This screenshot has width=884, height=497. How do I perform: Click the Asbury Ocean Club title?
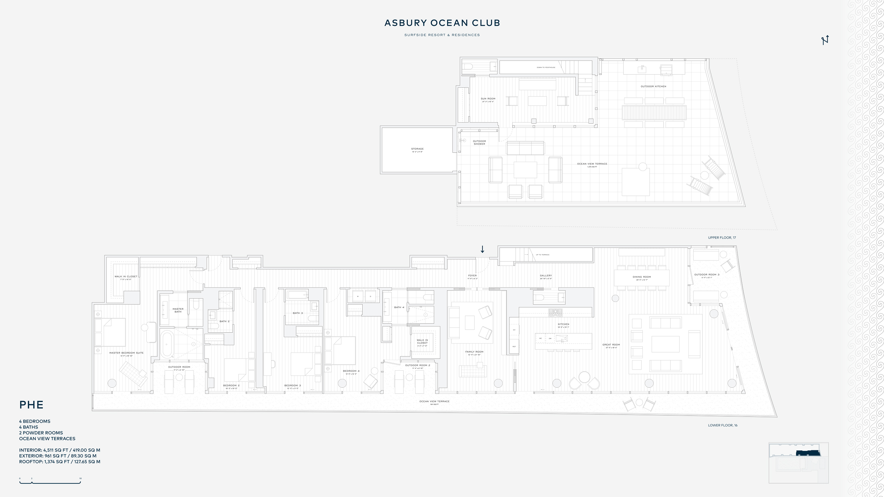442,23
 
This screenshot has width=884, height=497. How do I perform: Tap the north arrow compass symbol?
825,40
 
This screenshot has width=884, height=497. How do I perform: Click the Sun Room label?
488,99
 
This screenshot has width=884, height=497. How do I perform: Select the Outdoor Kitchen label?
653,86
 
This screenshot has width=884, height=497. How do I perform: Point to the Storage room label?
417,149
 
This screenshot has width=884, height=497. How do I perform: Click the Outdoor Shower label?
479,142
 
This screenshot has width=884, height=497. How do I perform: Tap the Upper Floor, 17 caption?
722,238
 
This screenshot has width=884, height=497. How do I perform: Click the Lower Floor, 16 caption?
722,425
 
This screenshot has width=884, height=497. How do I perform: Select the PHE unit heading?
31,405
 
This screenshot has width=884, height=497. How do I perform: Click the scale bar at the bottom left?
50,482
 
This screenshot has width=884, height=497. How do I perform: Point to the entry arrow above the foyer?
482,249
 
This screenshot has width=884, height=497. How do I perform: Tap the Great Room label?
611,345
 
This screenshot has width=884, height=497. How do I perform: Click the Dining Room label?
642,277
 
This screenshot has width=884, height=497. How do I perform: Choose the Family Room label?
474,352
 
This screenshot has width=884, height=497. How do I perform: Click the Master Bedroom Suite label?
126,353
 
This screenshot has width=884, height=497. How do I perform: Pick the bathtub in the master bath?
167,344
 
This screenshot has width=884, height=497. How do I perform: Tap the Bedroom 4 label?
351,371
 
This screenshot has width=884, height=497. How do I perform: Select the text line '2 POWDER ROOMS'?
41,433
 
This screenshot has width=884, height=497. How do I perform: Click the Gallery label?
546,275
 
